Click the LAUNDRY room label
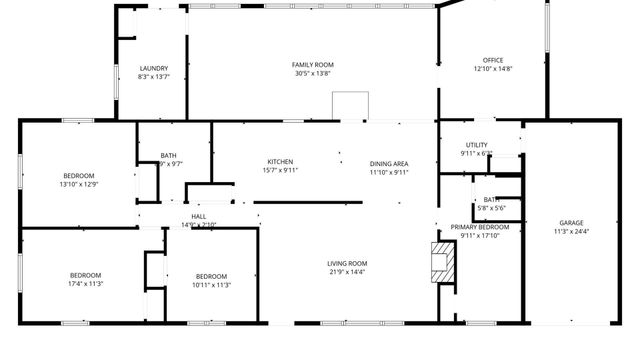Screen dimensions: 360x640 point(153,68)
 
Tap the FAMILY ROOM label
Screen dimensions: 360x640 point(312,65)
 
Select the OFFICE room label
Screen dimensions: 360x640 point(492,60)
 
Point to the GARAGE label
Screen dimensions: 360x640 point(571,223)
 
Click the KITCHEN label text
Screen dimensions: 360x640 point(280,162)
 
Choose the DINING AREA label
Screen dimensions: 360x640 point(389,163)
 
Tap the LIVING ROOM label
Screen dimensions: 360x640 point(347,263)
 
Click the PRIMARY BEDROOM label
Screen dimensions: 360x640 point(479,227)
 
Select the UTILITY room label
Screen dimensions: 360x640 point(476,145)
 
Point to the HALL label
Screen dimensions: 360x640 point(198,217)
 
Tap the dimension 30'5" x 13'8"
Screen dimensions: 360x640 point(312,74)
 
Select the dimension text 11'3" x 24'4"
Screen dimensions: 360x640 point(571,232)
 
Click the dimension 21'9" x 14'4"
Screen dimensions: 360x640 point(347,272)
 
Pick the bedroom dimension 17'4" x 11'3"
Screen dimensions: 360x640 point(86,284)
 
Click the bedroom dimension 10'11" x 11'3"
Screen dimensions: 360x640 point(212,284)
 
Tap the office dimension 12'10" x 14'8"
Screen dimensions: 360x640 point(492,69)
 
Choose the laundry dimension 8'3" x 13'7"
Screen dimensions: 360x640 point(153,77)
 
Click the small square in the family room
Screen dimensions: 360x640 point(350,106)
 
